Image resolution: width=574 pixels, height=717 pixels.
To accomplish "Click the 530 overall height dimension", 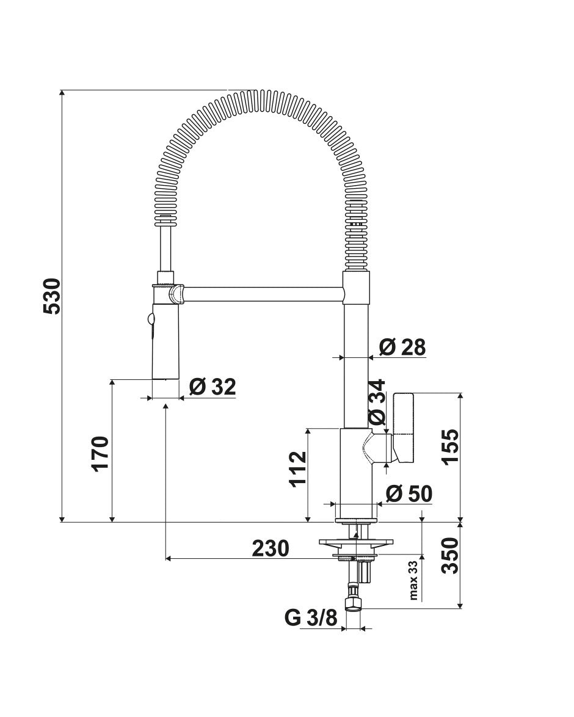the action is click(52, 296).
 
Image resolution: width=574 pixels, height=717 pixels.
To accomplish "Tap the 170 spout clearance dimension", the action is click(100, 453).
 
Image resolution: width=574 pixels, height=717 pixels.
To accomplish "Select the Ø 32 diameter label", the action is click(213, 387).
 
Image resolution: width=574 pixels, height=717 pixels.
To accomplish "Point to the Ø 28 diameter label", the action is click(402, 347).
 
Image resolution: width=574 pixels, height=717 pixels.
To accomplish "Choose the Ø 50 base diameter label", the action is click(409, 494).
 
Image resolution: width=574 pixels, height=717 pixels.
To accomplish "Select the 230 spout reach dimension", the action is click(271, 548).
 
